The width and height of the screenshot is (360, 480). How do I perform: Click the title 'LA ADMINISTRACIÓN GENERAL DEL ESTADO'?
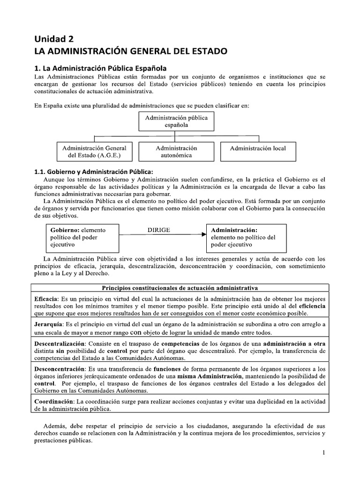tap(131, 50)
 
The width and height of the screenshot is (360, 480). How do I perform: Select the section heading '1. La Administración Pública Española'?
tap(101, 67)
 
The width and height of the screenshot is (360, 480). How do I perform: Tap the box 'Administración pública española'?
tap(176, 121)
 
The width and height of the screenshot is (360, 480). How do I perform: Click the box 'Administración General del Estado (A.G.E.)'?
tap(94, 151)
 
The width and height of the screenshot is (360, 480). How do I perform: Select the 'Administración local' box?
tap(257, 148)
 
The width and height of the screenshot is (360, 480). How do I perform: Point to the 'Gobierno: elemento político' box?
tap(82, 237)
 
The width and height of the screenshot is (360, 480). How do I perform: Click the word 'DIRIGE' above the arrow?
tap(158, 230)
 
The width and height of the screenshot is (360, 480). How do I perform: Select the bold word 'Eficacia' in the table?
tap(46, 298)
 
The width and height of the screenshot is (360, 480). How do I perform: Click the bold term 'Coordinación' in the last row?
tap(54, 402)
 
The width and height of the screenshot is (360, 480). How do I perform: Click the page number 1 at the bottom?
tap(323, 452)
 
